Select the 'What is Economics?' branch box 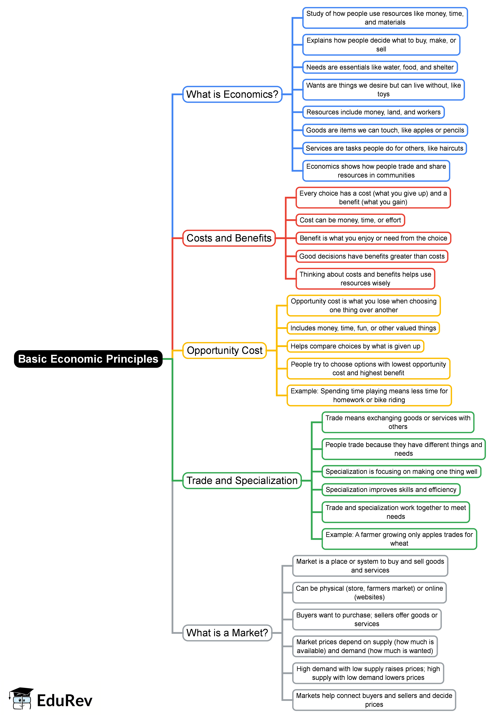(x=232, y=94)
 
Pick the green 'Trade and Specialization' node (x=242, y=480)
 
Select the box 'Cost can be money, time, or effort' (x=350, y=220)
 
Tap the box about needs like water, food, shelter (x=380, y=67)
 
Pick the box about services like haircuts (x=384, y=148)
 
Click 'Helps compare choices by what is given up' (x=355, y=346)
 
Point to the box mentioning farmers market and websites (x=369, y=593)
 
